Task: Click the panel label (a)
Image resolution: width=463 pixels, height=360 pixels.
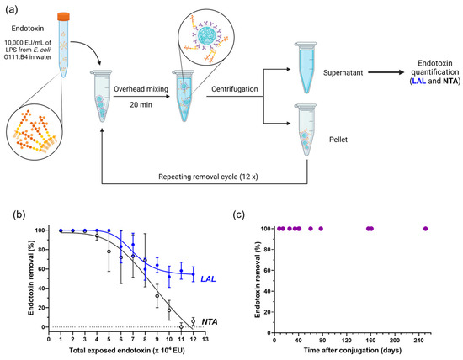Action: pyautogui.click(x=12, y=10)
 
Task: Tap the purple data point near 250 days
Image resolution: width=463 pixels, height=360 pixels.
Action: pyautogui.click(x=425, y=229)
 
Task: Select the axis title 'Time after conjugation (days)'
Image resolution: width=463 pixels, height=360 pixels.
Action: pyautogui.click(x=352, y=349)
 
